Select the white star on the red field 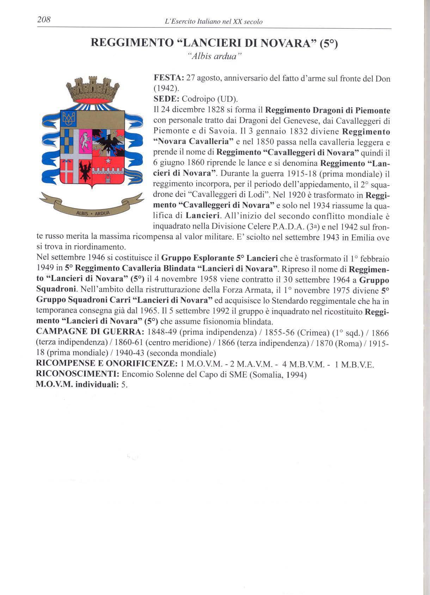(106, 161)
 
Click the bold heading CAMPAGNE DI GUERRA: (90, 332)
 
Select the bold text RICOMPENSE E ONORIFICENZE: (106, 364)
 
